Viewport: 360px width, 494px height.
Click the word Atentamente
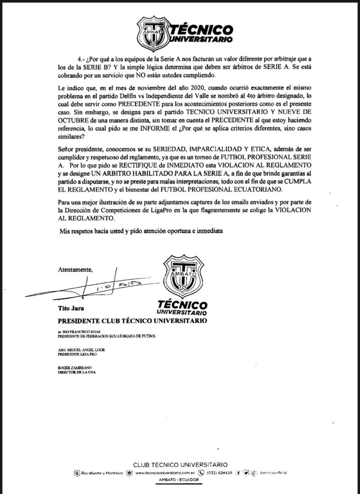(75, 269)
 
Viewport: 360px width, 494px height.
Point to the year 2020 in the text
(186, 88)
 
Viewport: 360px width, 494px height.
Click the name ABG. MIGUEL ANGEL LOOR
(81, 350)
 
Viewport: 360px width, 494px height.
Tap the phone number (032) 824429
(219, 473)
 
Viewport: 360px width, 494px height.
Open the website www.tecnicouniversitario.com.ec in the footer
(165, 473)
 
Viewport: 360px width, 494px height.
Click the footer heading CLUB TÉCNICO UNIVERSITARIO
(180, 465)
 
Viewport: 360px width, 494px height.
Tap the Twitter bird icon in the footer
(246, 473)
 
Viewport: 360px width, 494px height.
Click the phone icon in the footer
(201, 473)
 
